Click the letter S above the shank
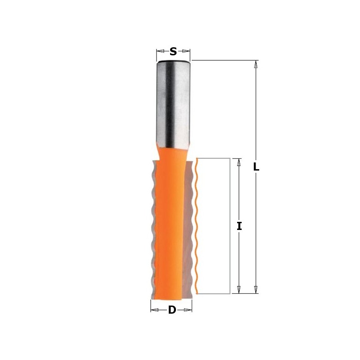click(173, 52)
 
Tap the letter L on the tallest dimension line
click(256, 167)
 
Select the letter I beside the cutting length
click(239, 226)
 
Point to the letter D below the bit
click(172, 310)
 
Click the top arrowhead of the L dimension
click(256, 64)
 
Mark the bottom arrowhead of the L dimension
click(256, 290)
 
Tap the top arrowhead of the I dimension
click(239, 162)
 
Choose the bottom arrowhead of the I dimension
click(239, 290)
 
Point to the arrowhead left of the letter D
click(154, 310)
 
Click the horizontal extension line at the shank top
click(225, 60)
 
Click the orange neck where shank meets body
click(173, 151)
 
